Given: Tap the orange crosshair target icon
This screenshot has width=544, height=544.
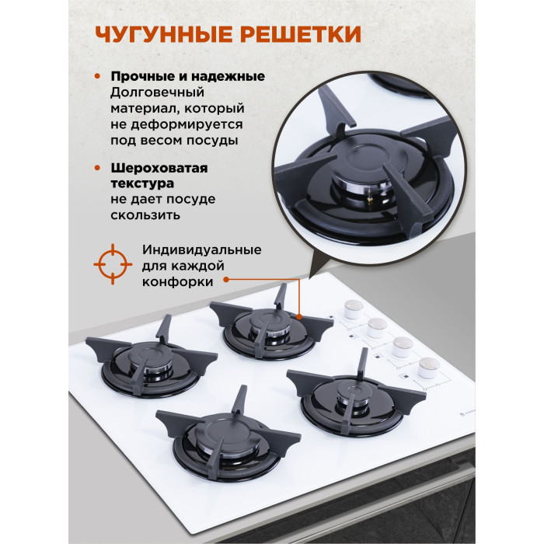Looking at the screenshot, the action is coord(113,264).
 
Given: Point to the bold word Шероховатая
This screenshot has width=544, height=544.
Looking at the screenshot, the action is coord(159,169).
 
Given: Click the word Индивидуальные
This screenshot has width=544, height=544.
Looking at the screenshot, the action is coord(201,249).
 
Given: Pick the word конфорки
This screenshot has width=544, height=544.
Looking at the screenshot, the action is coord(177,281).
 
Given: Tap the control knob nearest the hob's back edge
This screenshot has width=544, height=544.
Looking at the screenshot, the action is coord(354,309).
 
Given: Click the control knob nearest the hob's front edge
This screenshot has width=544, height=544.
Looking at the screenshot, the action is coord(429,368).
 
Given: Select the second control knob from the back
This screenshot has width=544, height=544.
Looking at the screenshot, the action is coord(377,328).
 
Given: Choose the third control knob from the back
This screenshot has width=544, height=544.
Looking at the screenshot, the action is coord(403,347).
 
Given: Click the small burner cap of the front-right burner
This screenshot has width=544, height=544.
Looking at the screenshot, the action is coord(353,392).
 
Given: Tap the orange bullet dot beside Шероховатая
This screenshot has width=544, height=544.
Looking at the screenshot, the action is coord(97,169).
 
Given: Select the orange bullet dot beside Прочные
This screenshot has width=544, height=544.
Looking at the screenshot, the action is coord(97,76).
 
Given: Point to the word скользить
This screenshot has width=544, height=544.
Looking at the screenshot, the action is coord(145,215).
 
